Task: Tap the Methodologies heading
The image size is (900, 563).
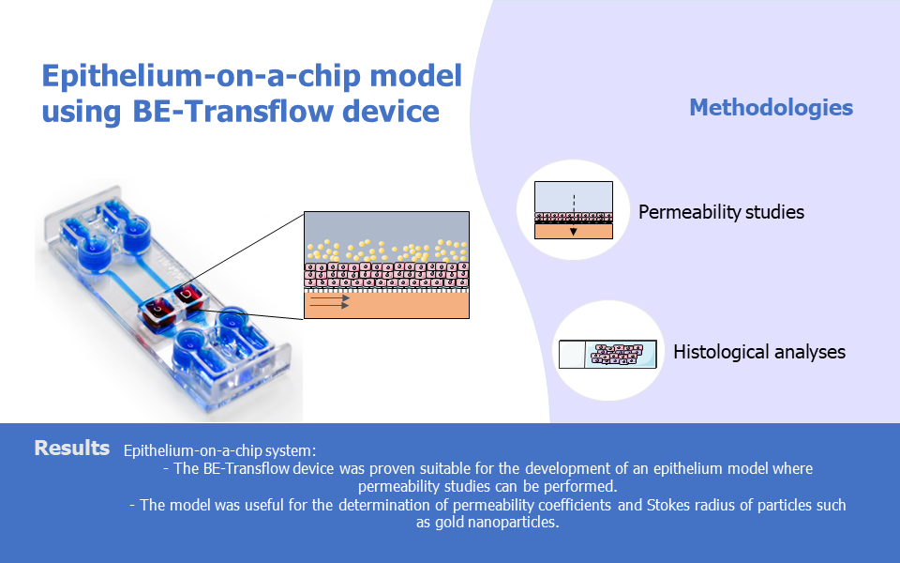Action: tap(771, 108)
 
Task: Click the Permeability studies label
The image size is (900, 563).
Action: tap(721, 212)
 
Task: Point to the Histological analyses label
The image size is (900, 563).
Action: tap(758, 352)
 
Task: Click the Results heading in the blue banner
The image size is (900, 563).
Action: tap(72, 449)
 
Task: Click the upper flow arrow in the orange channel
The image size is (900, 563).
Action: tap(329, 298)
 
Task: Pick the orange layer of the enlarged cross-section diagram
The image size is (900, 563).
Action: tap(386, 305)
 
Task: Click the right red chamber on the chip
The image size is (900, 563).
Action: tap(187, 298)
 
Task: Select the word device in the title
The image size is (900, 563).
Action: tap(391, 111)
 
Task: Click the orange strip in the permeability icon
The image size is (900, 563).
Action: tap(574, 231)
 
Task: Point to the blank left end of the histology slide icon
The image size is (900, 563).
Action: tap(572, 354)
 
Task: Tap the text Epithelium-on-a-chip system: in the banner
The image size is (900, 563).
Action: tap(219, 451)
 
